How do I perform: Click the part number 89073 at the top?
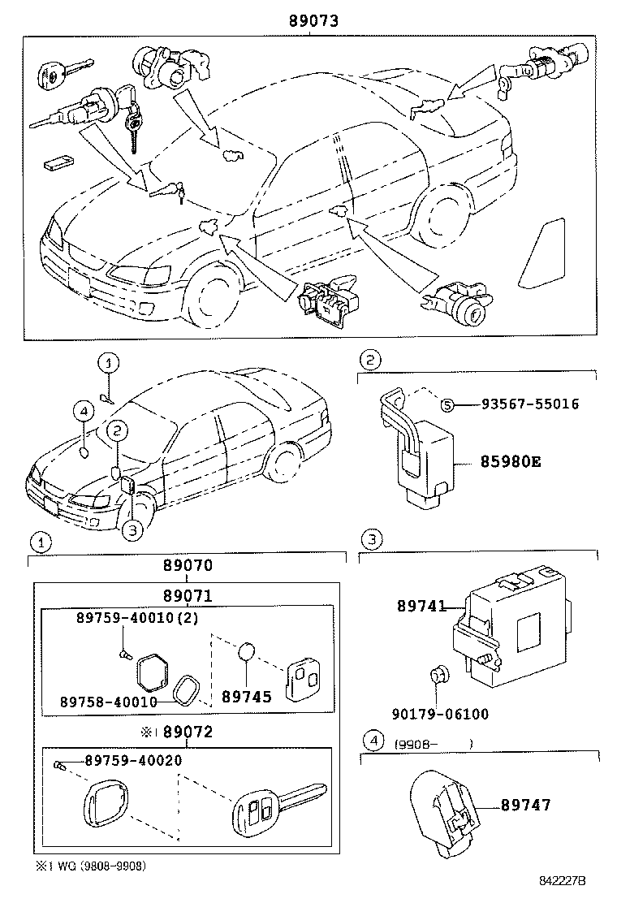click(310, 22)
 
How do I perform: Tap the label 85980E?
click(511, 463)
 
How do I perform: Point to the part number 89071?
click(187, 595)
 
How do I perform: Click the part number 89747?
click(525, 805)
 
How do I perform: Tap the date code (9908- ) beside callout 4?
click(434, 742)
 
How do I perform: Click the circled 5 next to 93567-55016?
click(446, 404)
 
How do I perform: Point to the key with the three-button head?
click(276, 808)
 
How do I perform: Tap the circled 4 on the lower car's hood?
click(84, 413)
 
